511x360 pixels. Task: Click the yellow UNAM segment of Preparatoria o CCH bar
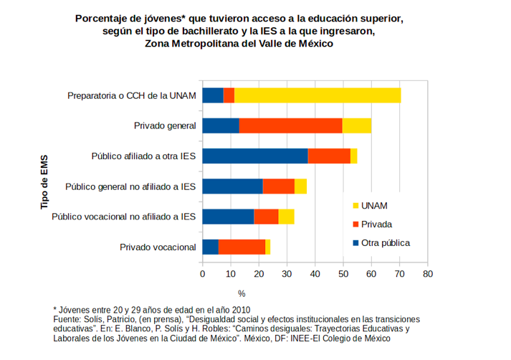[x=317, y=95]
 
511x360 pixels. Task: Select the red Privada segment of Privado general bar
[x=290, y=125]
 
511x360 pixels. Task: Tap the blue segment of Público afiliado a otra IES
[x=254, y=156]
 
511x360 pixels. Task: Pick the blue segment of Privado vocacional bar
[x=211, y=247]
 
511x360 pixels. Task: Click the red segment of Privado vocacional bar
[x=242, y=247]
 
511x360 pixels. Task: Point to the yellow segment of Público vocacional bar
[x=286, y=217]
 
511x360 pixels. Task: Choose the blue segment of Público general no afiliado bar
[x=232, y=186]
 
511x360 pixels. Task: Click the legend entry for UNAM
[x=374, y=205]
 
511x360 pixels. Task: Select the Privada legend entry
[x=376, y=224]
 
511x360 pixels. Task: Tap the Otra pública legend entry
[x=385, y=242]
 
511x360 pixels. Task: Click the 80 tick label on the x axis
[x=428, y=274]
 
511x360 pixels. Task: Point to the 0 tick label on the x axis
[x=203, y=274]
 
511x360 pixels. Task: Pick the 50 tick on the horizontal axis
[x=343, y=274]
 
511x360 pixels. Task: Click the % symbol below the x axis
[x=242, y=293]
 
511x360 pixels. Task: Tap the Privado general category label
[x=165, y=126]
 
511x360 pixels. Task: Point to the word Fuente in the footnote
[x=70, y=318]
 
